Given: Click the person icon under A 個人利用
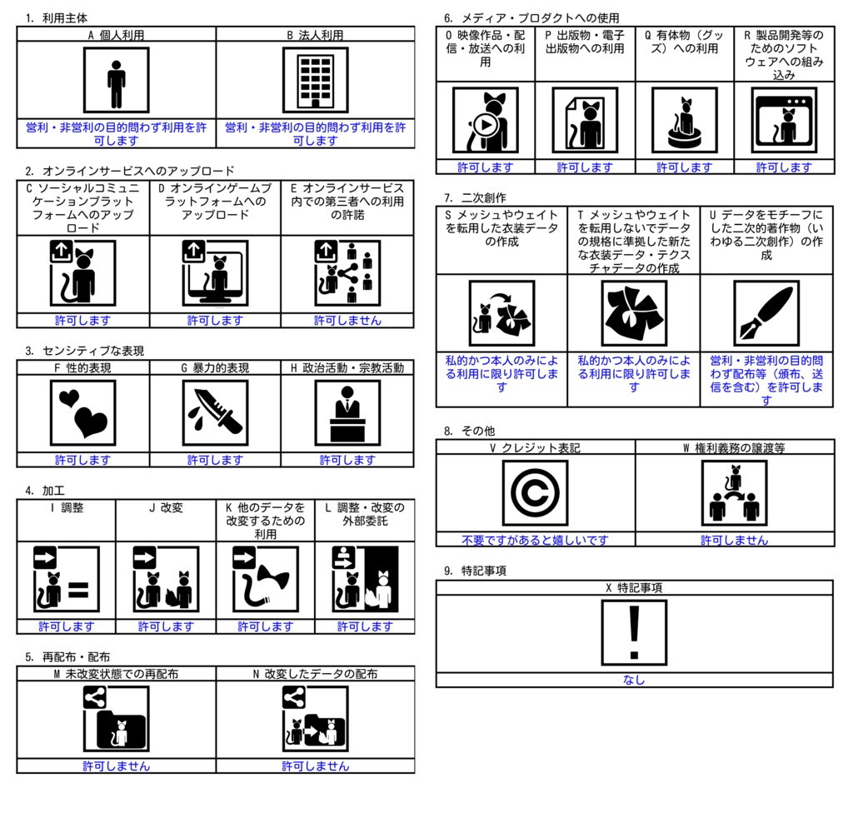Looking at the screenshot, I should click(117, 80).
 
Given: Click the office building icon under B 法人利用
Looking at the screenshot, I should click(316, 80).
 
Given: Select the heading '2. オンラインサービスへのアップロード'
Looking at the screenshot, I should click(129, 171).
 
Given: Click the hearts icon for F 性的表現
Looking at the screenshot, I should click(82, 412).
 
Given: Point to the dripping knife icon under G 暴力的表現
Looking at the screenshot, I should click(215, 412).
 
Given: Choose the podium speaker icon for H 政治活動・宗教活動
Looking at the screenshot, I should click(347, 413).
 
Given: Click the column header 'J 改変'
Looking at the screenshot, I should click(166, 507).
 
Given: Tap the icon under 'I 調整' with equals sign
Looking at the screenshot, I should click(66, 579).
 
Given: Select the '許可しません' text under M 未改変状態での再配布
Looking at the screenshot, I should click(116, 766).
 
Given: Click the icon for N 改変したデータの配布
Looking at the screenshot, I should click(316, 720).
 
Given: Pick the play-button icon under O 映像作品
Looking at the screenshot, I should click(486, 120).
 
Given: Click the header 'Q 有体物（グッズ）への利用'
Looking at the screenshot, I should click(684, 42).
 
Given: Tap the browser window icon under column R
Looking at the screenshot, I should click(784, 120).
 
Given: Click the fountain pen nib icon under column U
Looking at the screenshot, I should click(766, 312).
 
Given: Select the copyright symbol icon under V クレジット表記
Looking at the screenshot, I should click(536, 493).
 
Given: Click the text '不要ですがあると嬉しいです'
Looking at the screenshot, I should click(536, 540).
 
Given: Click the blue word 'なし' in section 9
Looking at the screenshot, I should click(635, 680).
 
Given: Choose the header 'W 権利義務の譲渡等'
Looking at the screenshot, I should click(734, 447).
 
